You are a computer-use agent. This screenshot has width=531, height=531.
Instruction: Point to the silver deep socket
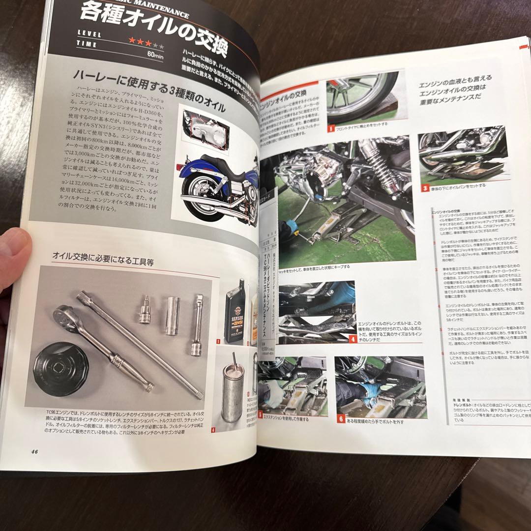(172, 315)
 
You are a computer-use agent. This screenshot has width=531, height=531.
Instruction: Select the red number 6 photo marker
(341, 419)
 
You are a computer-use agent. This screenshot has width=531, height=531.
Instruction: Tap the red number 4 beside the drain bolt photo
(353, 339)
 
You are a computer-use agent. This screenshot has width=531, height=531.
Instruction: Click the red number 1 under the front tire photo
(331, 129)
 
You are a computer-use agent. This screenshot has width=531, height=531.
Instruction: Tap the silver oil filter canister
(232, 391)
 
